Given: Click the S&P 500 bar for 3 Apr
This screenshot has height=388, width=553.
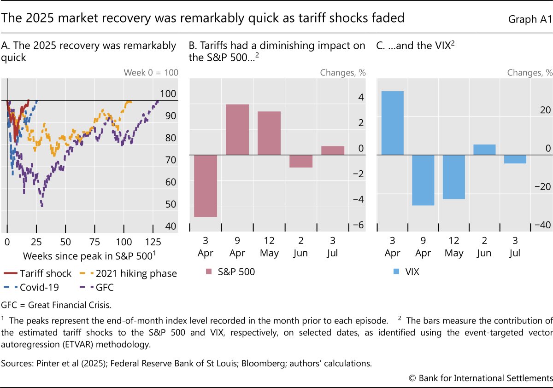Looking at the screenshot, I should click(x=206, y=185).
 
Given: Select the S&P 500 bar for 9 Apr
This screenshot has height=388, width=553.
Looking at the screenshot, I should click(x=237, y=129).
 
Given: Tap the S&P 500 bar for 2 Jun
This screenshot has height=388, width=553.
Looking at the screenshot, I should click(x=301, y=161).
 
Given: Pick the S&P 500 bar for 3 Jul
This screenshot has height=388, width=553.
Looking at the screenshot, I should click(x=333, y=151).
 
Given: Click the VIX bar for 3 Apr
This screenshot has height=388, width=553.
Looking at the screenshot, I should click(x=392, y=123).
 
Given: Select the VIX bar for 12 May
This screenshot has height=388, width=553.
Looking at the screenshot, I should click(x=454, y=177).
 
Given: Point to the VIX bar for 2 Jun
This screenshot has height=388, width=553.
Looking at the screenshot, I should click(x=484, y=150).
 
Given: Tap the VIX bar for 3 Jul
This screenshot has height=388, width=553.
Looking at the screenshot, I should click(x=515, y=159).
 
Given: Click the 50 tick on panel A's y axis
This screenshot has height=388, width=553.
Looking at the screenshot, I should click(x=171, y=204).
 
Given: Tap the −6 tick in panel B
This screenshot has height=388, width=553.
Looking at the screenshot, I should click(x=359, y=225).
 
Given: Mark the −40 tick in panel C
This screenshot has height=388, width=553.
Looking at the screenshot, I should click(x=542, y=225).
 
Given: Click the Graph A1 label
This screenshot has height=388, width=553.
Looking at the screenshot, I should click(x=530, y=19).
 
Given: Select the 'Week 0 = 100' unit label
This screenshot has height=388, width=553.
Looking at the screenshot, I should click(x=151, y=72).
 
